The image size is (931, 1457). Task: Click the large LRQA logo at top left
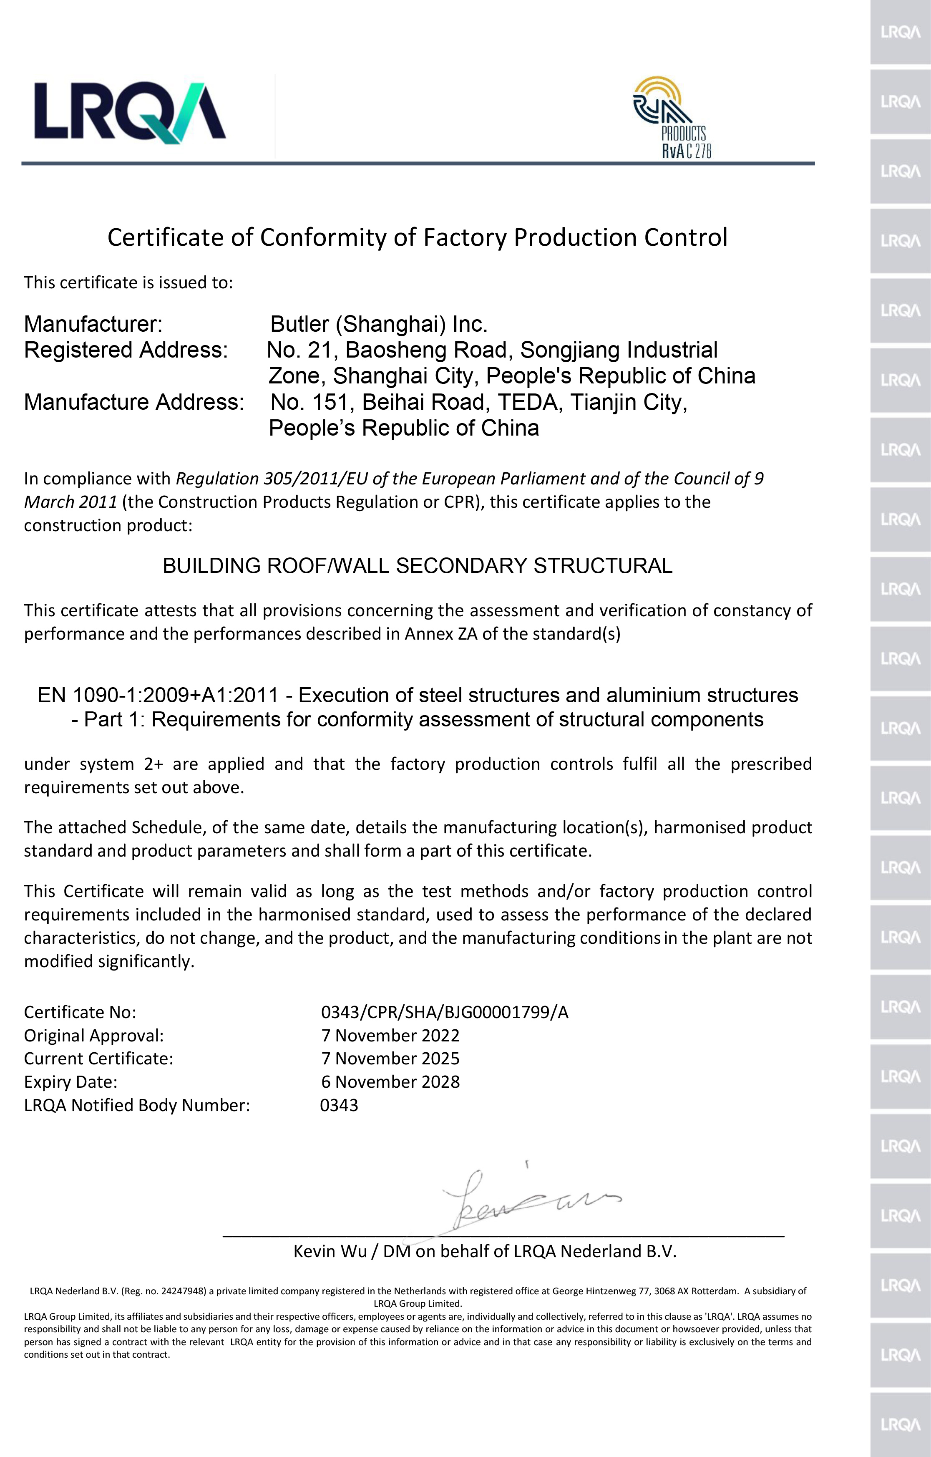(129, 113)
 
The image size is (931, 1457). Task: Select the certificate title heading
(418, 237)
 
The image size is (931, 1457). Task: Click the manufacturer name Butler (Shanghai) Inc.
(379, 324)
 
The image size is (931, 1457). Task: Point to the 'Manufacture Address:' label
(134, 402)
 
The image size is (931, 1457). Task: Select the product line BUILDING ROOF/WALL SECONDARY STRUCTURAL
(418, 566)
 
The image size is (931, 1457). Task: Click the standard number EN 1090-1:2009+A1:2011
(158, 695)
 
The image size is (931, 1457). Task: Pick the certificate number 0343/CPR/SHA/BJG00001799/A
(445, 1012)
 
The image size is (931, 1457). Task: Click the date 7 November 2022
(390, 1035)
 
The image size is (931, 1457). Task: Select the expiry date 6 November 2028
(390, 1082)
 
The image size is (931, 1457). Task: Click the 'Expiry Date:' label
(71, 1082)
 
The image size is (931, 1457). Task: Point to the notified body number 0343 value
(339, 1105)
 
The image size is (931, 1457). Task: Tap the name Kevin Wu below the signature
(330, 1251)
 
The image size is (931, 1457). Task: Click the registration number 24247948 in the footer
(183, 1291)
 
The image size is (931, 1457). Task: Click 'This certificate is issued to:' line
(128, 282)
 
